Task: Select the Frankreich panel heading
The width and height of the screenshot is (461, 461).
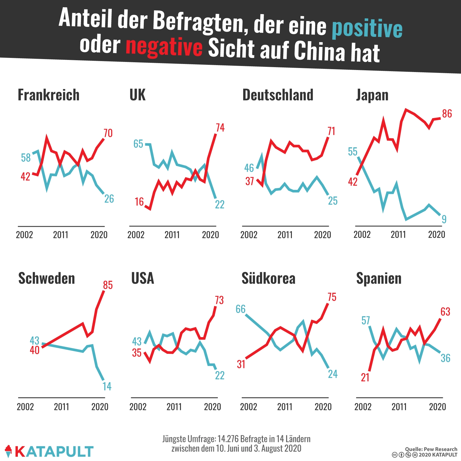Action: point(48,95)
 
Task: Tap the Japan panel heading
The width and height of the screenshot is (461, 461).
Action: point(372,95)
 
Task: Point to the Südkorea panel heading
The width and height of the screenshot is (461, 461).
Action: point(268,278)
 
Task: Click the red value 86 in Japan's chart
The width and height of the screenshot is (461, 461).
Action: point(447,114)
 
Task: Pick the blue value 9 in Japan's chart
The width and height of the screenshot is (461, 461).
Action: point(444,219)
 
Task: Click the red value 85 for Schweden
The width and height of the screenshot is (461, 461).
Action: point(108,285)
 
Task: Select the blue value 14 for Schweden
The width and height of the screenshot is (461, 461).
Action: point(107,386)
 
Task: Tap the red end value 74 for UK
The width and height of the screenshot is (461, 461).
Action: point(220,128)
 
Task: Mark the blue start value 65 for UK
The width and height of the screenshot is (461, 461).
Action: point(138,144)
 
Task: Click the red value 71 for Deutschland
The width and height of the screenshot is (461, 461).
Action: point(331,131)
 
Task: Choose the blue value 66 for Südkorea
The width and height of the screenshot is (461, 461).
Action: point(241,309)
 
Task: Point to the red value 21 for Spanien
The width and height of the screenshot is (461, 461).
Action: point(365,377)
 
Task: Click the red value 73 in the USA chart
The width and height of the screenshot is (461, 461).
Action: point(219,300)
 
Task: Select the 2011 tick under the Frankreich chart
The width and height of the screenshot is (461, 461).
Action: point(61,235)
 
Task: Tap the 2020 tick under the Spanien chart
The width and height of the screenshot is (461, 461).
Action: point(437,407)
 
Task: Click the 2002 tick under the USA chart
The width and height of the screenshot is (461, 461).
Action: point(138,407)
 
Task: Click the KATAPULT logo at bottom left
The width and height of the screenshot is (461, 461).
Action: point(49,451)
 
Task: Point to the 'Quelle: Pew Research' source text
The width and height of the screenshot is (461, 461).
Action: point(431,449)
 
